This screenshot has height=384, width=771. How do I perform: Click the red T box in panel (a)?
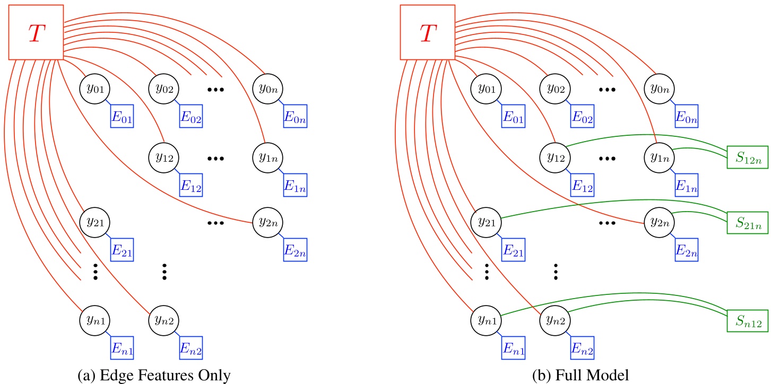[x=36, y=32]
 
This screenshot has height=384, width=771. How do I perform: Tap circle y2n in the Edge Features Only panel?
[x=268, y=221]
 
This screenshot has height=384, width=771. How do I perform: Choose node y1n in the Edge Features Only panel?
[x=268, y=158]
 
